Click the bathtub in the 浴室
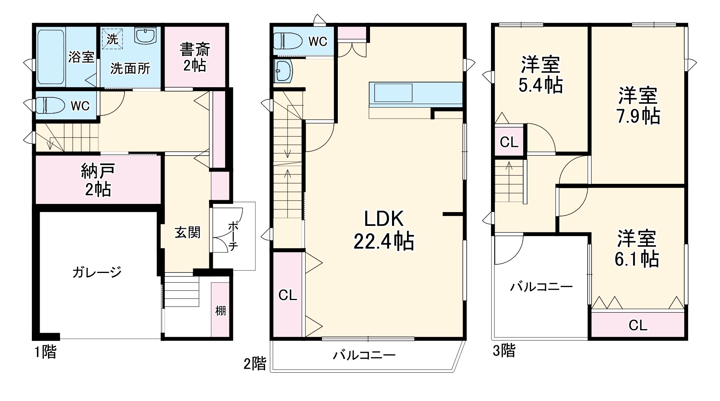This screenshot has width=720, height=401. pos(51,57)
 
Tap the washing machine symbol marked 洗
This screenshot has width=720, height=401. pos(112,39)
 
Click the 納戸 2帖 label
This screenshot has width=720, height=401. pos(98,180)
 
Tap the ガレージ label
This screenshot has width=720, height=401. pos(97,272)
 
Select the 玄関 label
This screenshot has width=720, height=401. pos(187,233)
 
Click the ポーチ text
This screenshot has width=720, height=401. pos(233,236)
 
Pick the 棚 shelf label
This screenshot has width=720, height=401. pos(220,311)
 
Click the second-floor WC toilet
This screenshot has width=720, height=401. pos(288,41)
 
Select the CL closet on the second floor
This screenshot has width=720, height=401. pos(288,295)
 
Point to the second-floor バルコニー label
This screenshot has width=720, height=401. pos(364,355)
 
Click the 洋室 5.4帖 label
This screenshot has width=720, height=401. pos(540,75)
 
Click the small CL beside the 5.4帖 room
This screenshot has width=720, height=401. pos(509,142)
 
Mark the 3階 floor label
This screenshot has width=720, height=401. pos(504,350)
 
